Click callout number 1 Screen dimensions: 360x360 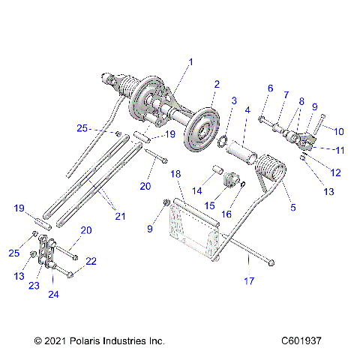click(x=190, y=62)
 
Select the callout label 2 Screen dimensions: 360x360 click(x=216, y=84)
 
